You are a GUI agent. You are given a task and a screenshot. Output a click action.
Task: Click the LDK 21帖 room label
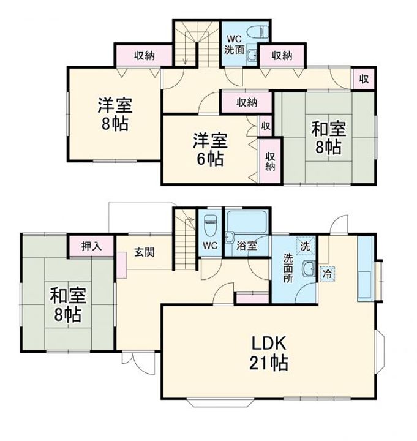269,353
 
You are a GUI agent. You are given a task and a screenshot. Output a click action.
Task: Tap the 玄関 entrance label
145,252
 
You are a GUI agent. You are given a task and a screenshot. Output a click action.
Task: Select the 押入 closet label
91,246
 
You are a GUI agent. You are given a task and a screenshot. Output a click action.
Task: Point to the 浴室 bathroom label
247,246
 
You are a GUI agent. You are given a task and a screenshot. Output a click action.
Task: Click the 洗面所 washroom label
288,268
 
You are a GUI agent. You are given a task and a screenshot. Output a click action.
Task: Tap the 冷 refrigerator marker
328,273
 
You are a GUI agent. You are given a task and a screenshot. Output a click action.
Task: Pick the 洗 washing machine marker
306,246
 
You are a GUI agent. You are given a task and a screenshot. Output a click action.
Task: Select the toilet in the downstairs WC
210,225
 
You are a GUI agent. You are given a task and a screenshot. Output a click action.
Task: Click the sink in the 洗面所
309,269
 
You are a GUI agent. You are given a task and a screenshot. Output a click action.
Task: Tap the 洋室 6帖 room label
210,149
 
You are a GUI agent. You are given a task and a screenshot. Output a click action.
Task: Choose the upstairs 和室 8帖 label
328,138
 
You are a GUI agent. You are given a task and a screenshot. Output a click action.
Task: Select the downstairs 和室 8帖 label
68,305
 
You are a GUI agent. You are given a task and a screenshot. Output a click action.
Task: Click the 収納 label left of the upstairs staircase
144,55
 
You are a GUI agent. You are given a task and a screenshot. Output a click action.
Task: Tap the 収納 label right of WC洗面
282,55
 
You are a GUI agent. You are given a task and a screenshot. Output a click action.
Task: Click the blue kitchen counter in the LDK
366,269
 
